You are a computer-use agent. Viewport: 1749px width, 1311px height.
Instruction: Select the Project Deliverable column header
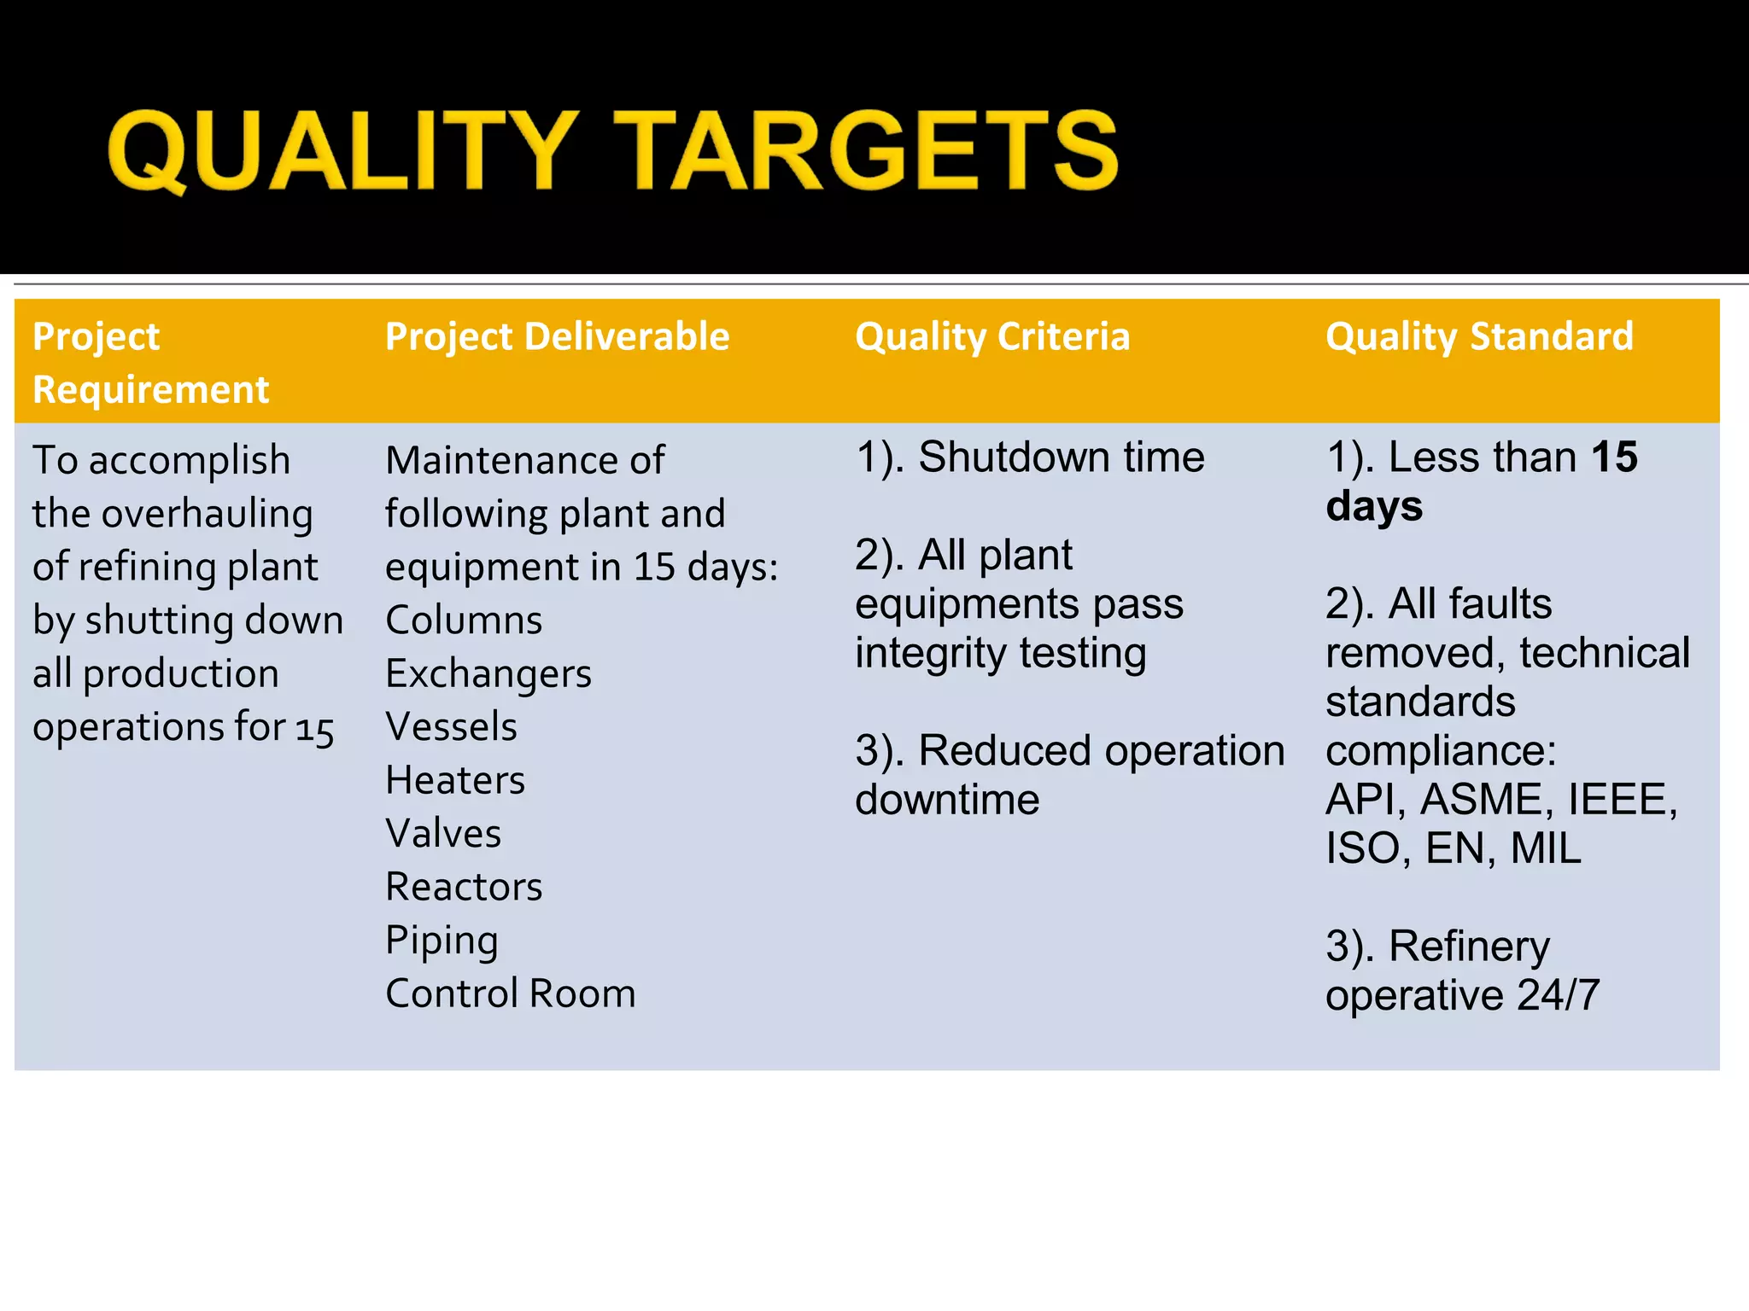tap(557, 336)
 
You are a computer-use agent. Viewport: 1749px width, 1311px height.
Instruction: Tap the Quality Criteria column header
tap(992, 336)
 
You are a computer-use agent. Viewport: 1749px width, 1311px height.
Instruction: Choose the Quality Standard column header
tap(1479, 336)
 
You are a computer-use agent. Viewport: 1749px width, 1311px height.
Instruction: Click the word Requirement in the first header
tap(151, 390)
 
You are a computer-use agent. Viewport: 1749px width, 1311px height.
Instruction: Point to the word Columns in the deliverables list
tap(464, 621)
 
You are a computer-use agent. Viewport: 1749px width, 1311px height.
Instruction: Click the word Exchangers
tap(488, 674)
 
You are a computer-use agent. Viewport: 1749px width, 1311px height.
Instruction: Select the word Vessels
tap(451, 727)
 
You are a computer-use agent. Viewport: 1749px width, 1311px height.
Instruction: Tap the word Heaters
tap(455, 780)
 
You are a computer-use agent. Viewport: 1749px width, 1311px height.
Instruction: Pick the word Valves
tap(443, 834)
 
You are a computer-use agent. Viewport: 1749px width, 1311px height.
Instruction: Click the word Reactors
tap(464, 887)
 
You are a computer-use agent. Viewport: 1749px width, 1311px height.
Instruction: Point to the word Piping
tap(442, 941)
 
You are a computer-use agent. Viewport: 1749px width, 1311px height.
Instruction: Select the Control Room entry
tap(511, 993)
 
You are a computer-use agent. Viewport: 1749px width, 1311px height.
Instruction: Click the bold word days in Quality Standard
tap(1374, 506)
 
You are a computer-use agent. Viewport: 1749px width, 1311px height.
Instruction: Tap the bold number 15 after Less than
tap(1614, 457)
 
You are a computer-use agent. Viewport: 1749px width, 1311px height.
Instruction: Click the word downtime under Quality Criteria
tap(947, 800)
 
